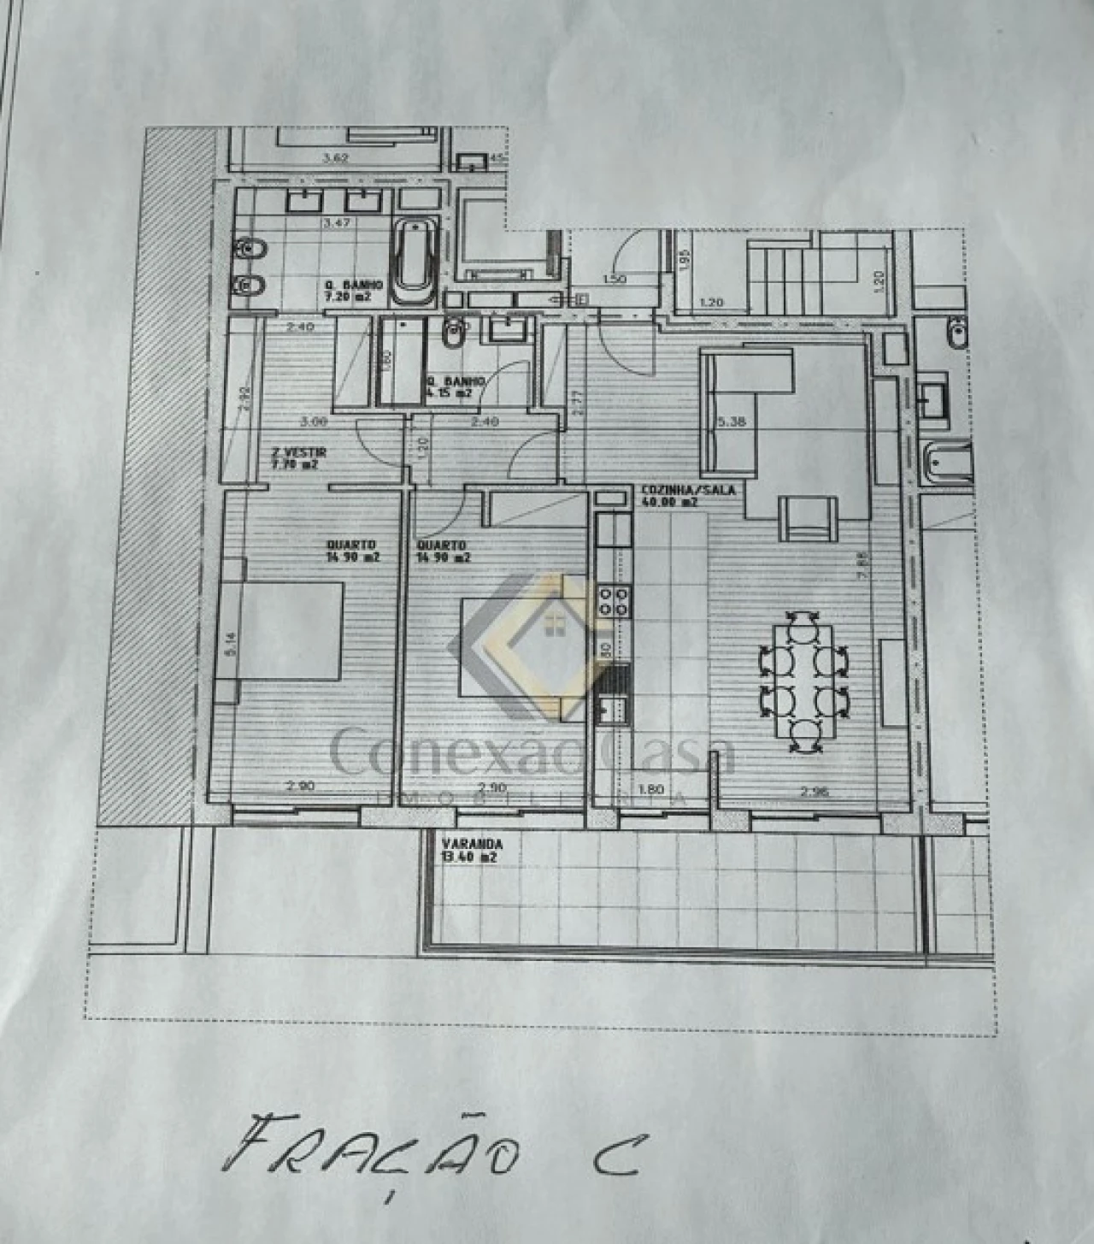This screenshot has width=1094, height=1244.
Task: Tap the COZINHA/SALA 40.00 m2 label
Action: click(x=676, y=496)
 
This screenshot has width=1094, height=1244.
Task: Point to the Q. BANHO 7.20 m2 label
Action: click(x=352, y=291)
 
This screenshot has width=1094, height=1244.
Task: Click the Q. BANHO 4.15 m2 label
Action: click(x=456, y=386)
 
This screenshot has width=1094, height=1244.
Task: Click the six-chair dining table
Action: click(x=803, y=681)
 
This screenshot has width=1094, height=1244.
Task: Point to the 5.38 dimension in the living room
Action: click(x=732, y=422)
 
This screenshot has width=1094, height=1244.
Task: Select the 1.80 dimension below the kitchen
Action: click(x=650, y=790)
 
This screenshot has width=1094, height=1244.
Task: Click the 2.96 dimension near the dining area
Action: click(x=813, y=792)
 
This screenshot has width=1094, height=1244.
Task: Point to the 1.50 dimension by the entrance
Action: click(x=614, y=279)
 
